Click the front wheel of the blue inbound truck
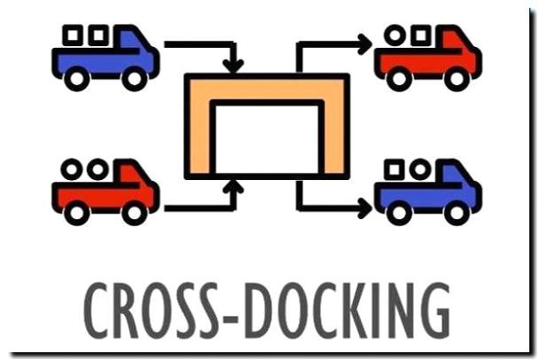[x=134, y=79]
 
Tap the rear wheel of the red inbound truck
[x=77, y=213]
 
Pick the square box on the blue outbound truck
[x=394, y=169]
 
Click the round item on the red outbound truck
[x=394, y=35]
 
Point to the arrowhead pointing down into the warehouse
[x=233, y=66]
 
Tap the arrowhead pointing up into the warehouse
[x=233, y=186]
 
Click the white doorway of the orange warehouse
[x=267, y=138]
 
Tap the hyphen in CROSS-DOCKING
[x=230, y=317]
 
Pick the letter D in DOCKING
[x=257, y=310]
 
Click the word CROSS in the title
[x=151, y=310]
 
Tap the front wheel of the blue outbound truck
[x=456, y=213]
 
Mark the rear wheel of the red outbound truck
[x=399, y=79]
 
